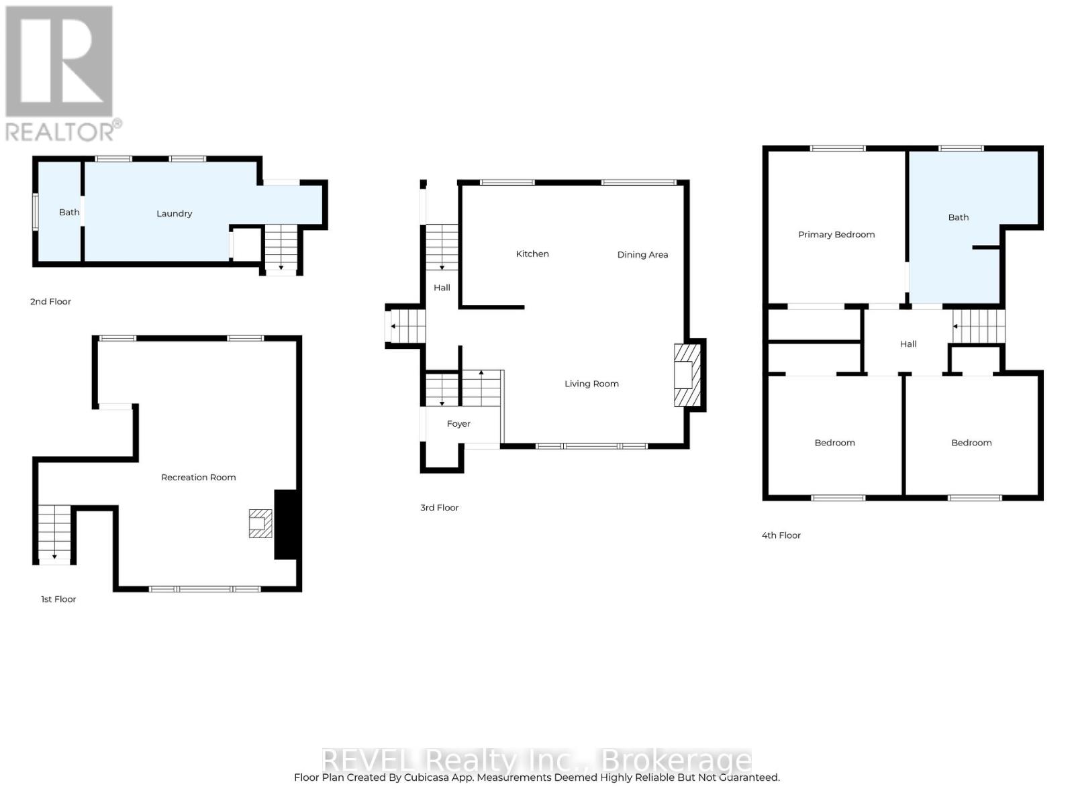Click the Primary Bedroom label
836,235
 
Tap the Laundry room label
175,214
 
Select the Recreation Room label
199,478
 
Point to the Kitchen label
532,254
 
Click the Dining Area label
642,255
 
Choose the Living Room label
591,384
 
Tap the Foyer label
458,424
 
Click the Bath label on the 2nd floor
69,213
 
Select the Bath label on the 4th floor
959,217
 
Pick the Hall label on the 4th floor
908,344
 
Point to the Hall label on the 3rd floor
442,288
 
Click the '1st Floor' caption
58,599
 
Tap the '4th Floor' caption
781,535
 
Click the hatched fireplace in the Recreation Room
260,524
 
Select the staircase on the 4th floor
979,327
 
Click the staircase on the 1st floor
54,533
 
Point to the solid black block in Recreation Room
285,525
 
